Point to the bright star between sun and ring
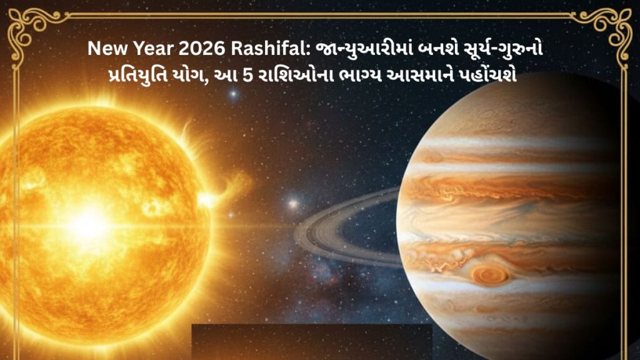coord(291,204)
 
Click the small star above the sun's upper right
coord(234,95)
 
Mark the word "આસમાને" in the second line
coord(429,74)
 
